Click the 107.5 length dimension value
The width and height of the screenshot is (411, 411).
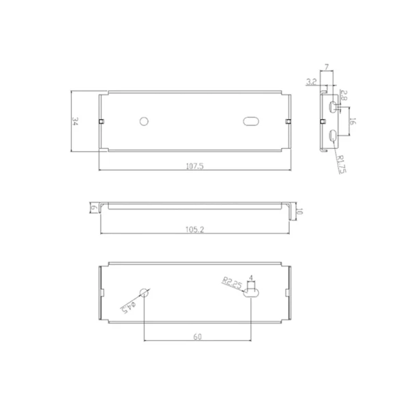point(195,166)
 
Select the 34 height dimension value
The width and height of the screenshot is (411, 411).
point(75,121)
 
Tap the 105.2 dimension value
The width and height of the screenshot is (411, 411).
point(195,229)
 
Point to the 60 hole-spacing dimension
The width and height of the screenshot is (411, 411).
point(198,336)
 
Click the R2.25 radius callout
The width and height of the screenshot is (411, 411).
point(232,283)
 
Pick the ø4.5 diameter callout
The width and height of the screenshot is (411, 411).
point(129,308)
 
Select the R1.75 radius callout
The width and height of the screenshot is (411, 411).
point(342,164)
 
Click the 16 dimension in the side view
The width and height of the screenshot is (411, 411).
point(353,121)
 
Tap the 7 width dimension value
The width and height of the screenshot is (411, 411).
point(327,67)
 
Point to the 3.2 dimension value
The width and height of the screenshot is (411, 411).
point(312,82)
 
